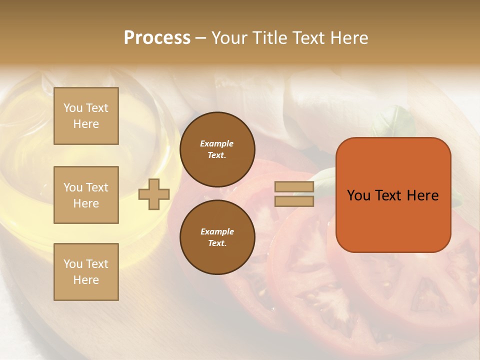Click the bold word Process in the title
[x=157, y=38]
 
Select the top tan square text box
[x=86, y=116]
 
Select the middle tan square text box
[x=86, y=195]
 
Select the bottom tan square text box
[x=86, y=272]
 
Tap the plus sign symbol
[x=154, y=194]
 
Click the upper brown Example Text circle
[x=217, y=149]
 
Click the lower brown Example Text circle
[x=217, y=237]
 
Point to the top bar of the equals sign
[x=294, y=187]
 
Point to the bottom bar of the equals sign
[x=294, y=201]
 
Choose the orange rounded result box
[x=393, y=195]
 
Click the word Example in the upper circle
[x=216, y=144]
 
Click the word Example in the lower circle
[x=217, y=232]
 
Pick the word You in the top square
[x=73, y=108]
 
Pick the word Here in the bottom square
[x=86, y=280]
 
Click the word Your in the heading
[x=230, y=38]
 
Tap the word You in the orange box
[x=358, y=195]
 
